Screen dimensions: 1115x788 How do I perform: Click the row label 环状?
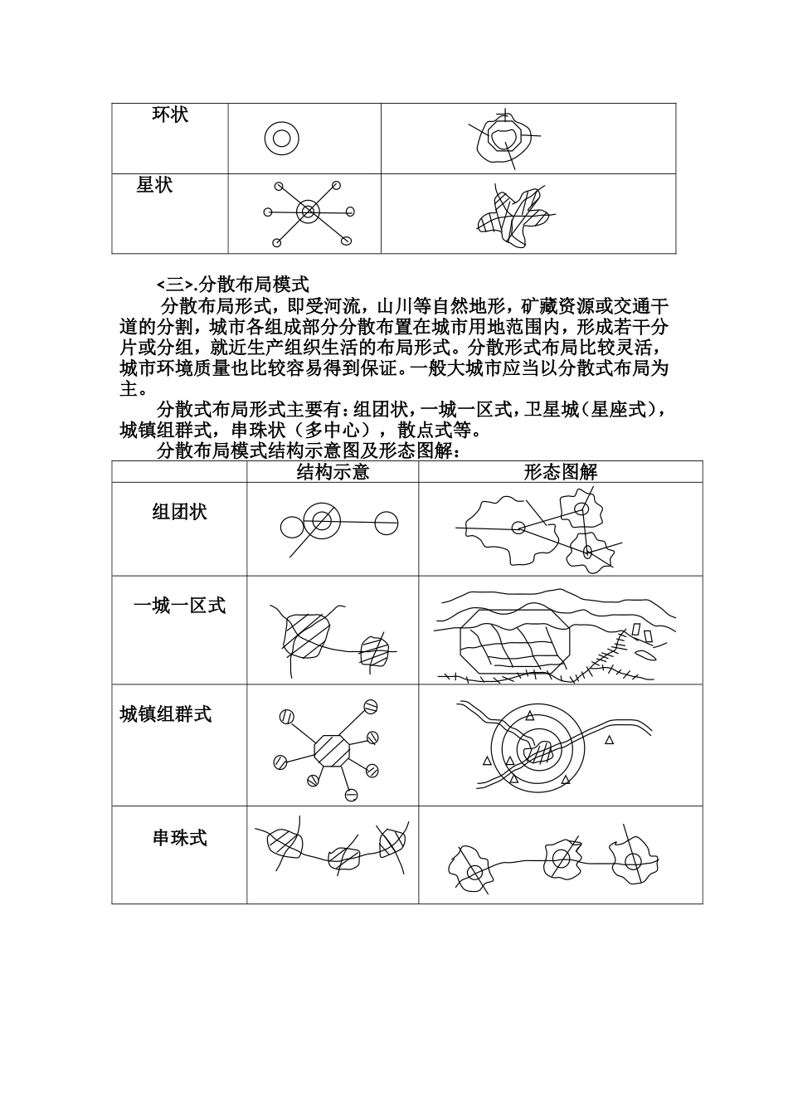coord(170,114)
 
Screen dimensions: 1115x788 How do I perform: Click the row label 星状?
coord(155,185)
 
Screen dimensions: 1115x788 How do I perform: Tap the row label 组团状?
coord(179,512)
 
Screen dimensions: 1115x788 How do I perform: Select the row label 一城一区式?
coord(179,606)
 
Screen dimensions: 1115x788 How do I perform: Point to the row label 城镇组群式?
coord(166,713)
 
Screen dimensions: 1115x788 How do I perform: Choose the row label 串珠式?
coord(179,838)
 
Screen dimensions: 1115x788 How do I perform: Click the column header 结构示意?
coord(333,472)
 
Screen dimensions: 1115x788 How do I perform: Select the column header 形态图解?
coord(560,472)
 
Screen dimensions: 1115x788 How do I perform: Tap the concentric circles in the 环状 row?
coord(281,138)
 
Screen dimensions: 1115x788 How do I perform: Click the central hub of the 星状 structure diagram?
coord(308,212)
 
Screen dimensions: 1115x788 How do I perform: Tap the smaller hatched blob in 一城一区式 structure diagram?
coord(373,651)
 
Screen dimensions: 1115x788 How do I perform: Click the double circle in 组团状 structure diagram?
coord(321,521)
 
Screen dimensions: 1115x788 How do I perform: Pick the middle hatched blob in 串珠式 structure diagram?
coord(343,857)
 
